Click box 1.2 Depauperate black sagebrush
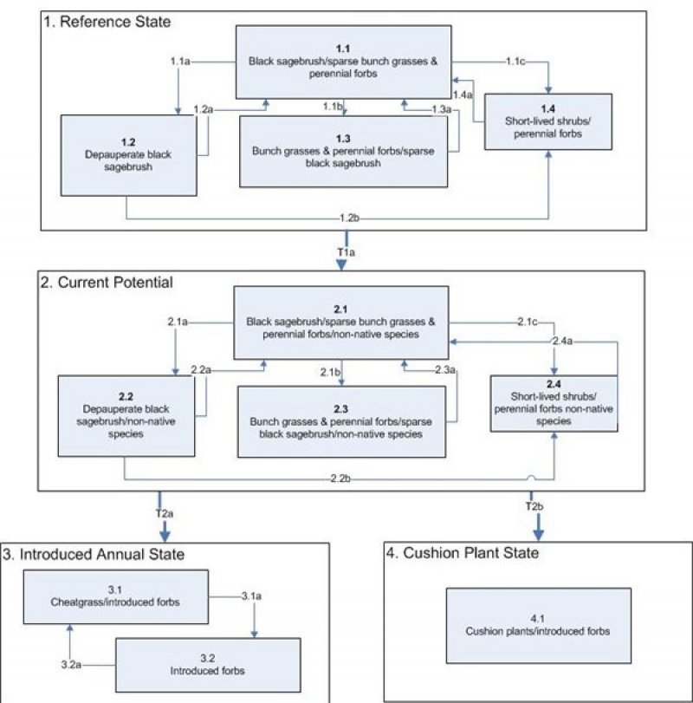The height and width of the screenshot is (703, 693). click(126, 154)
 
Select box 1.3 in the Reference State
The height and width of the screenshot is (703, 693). click(345, 150)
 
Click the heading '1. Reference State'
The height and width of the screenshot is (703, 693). click(107, 20)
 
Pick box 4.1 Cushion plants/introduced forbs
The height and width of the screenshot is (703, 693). click(538, 624)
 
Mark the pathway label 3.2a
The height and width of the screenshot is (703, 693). click(73, 664)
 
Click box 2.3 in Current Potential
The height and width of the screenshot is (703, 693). click(342, 420)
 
